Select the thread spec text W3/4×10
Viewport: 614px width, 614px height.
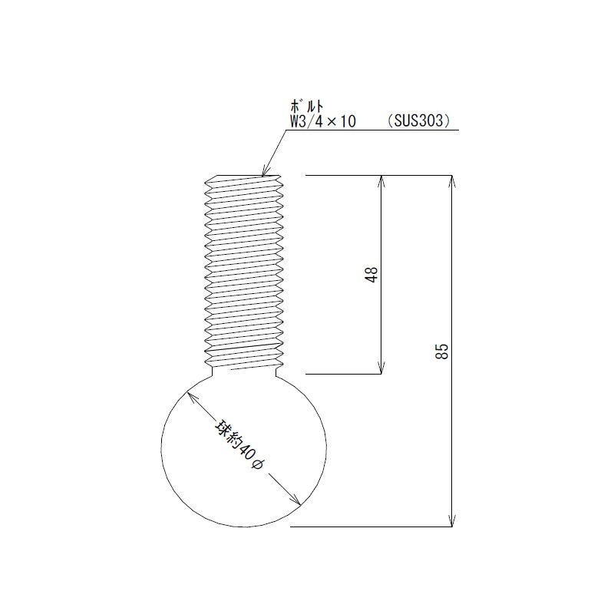(322, 121)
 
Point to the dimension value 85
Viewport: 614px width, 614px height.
(441, 352)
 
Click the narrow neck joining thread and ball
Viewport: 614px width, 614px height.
(243, 371)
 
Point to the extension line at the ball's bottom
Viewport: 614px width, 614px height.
(368, 527)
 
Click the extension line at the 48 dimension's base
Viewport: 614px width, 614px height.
(345, 374)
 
